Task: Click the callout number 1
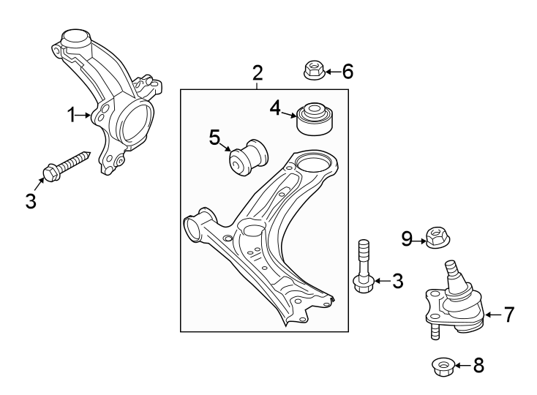pos(72,114)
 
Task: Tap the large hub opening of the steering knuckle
pos(134,121)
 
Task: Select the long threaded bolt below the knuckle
pos(67,165)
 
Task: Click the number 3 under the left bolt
pos(31,200)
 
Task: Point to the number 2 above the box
pos(258,72)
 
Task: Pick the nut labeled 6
pos(313,70)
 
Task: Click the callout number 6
pos(348,71)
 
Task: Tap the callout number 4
pos(275,109)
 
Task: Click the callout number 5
pos(214,137)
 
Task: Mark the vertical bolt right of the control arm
pos(363,266)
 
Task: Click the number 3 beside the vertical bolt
pos(397,280)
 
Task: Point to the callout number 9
pos(408,238)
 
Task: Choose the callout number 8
pos(478,364)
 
